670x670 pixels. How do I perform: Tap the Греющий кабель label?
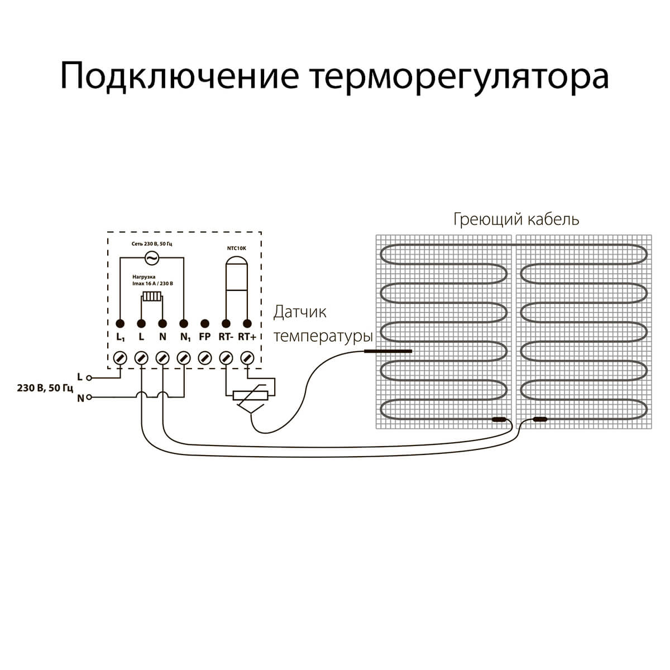point(516,219)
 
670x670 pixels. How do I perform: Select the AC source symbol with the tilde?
point(150,257)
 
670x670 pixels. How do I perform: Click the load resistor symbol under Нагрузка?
point(151,296)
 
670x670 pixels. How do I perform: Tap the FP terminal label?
point(204,337)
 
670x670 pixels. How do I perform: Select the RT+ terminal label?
point(247,337)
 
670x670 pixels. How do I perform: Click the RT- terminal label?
point(226,337)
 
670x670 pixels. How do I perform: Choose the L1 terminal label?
point(120,337)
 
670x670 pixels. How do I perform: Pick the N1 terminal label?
point(184,337)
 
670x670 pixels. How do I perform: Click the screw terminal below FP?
point(204,357)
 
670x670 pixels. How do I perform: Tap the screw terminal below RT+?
point(247,357)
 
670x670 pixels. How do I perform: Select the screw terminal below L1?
point(120,357)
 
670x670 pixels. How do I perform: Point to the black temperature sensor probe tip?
point(387,351)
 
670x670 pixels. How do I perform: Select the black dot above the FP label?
point(204,323)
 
